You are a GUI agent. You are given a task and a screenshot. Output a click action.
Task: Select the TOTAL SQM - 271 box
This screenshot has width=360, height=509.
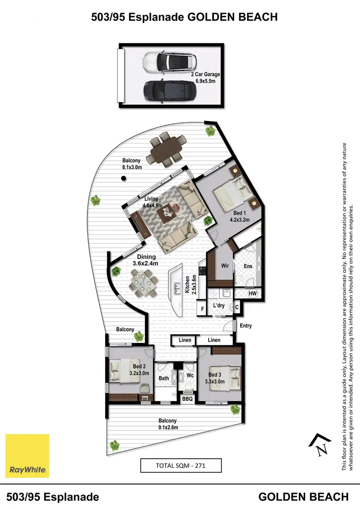180,465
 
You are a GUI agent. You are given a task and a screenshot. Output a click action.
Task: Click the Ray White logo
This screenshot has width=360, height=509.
27,456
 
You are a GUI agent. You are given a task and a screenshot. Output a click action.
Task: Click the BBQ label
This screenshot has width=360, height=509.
187,398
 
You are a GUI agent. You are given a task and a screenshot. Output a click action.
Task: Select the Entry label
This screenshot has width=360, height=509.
246,326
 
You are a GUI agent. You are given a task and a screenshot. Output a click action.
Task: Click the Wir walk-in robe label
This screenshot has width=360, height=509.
224,265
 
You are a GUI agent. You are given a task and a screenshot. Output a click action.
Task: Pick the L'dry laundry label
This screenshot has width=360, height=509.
219,306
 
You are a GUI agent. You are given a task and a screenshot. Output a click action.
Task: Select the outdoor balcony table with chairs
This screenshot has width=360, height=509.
166,149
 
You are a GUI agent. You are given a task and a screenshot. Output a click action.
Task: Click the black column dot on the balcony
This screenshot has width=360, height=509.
123,178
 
